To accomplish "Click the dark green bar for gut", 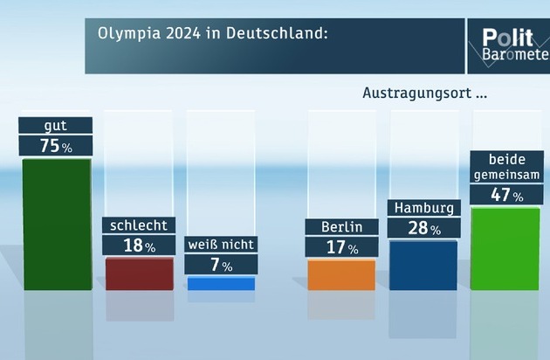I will [x=57, y=224].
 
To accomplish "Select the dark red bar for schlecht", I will [x=139, y=273].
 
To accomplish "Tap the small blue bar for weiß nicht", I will [x=221, y=283].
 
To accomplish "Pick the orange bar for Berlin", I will [x=341, y=274].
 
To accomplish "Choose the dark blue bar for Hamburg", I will [x=423, y=265].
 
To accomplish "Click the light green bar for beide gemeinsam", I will [x=505, y=248].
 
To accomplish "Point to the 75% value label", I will [x=56, y=146].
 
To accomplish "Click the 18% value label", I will [x=138, y=246].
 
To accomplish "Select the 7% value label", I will [x=220, y=265].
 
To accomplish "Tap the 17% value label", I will [x=340, y=248].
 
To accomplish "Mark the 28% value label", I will [x=423, y=229].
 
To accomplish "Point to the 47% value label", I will [x=505, y=195].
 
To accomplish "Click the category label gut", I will [x=55, y=126].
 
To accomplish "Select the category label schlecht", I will [x=138, y=225].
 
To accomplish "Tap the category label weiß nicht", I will [x=220, y=246].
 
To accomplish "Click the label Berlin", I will [x=340, y=227].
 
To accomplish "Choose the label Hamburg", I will [x=423, y=209].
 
